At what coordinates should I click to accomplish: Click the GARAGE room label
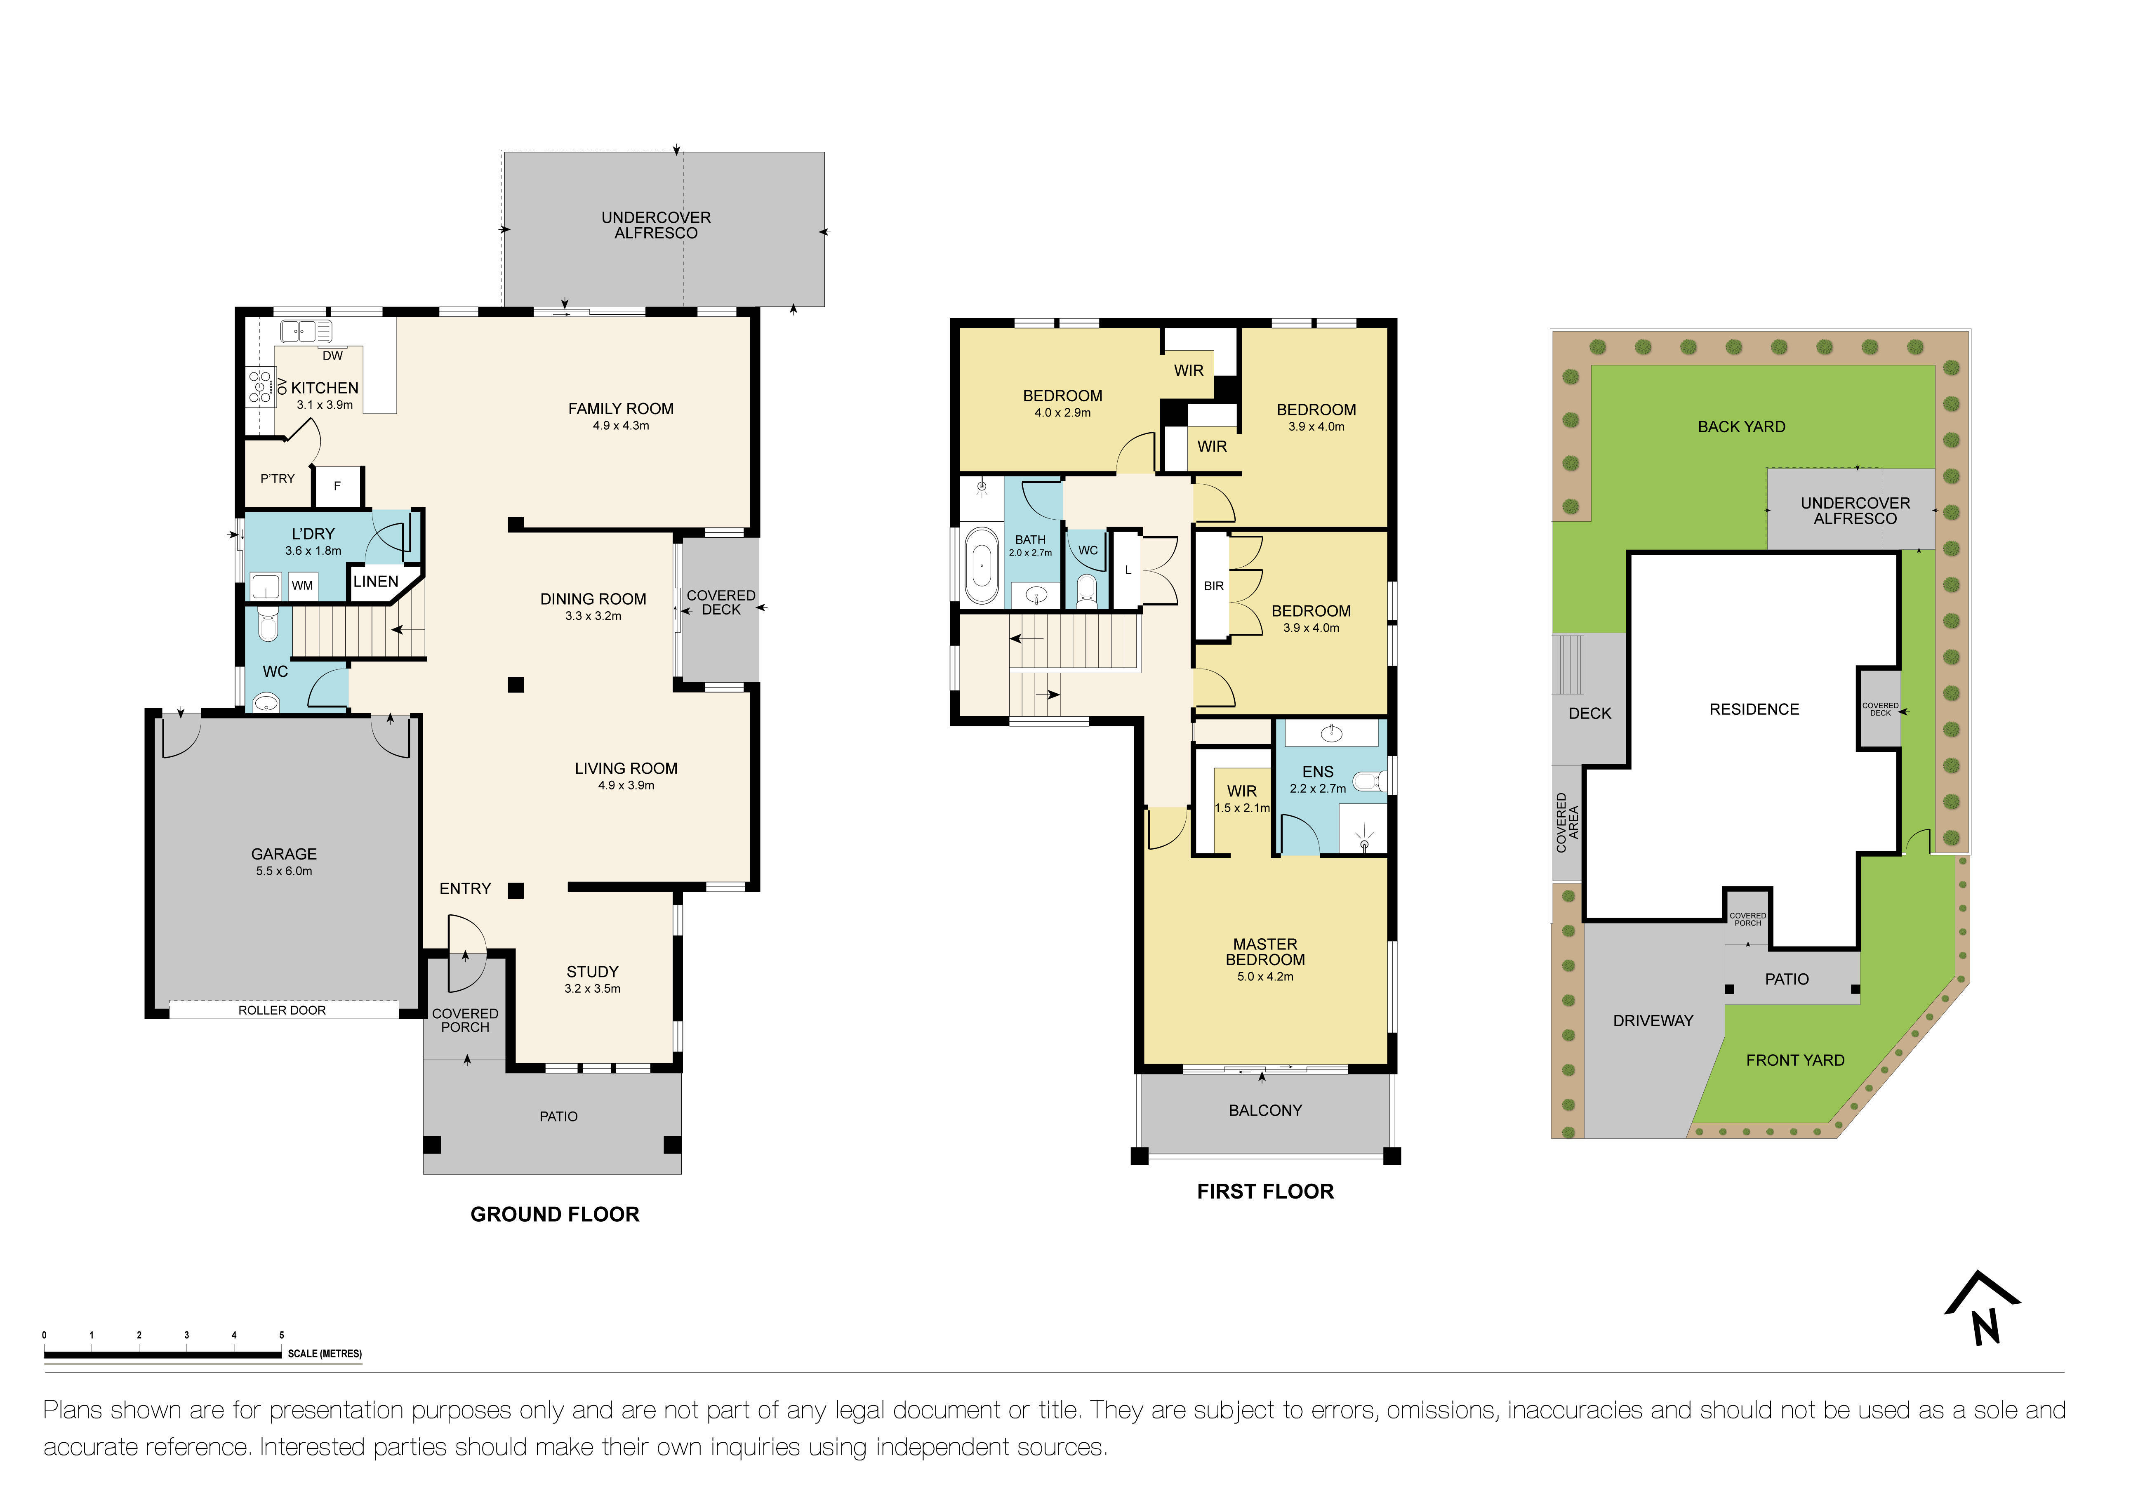coord(284,854)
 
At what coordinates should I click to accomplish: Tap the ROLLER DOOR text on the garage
coord(282,1010)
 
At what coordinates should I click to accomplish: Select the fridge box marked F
coord(337,486)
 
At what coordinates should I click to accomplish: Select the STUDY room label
coord(592,971)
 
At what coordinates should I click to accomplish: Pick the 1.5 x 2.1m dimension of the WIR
coord(1242,808)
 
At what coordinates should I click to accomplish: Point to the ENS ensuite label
coord(1318,772)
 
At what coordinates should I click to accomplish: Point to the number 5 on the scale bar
coord(281,1335)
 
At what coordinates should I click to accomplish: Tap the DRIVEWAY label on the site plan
coord(1653,1020)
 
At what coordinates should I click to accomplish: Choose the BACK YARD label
coord(1741,426)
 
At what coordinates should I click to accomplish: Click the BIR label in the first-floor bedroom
coord(1213,586)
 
